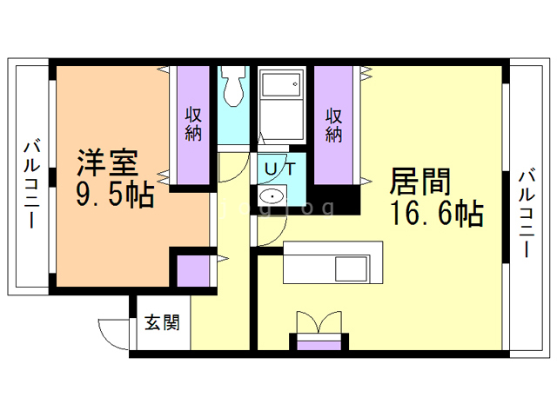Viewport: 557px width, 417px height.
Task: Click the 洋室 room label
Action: (107, 162)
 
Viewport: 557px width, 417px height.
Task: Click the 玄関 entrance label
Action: (162, 323)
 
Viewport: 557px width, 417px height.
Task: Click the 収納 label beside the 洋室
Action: (194, 123)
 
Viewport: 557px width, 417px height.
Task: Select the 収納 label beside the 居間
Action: (334, 124)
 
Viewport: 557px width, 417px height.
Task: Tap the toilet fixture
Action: (232, 84)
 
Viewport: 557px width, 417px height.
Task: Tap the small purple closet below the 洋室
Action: (194, 272)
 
